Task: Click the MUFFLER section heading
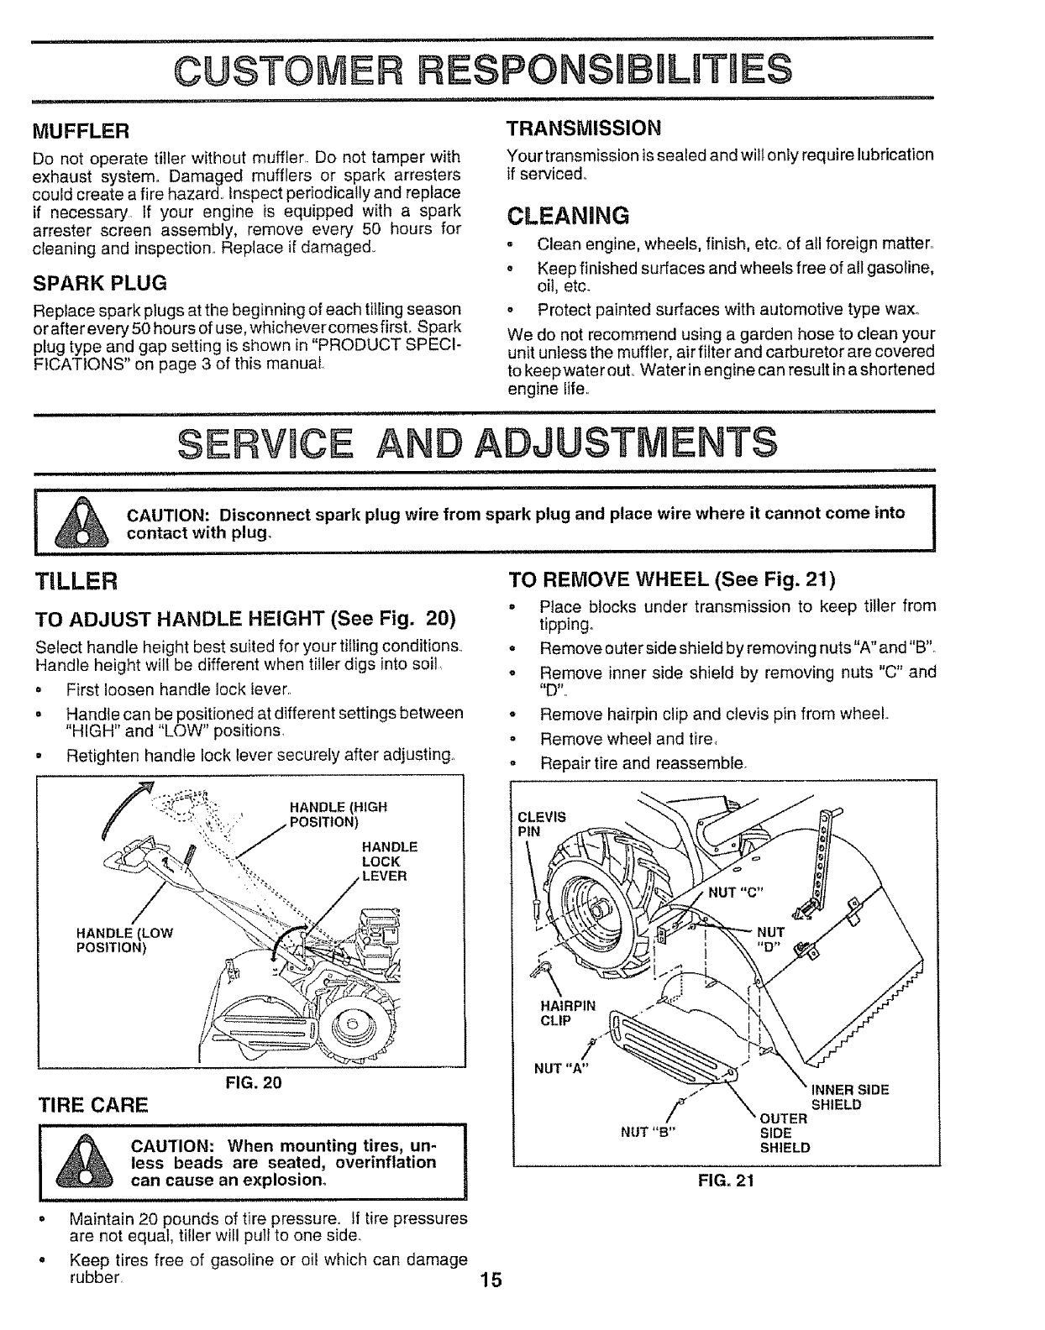pos(81,132)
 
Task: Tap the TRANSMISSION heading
pos(584,128)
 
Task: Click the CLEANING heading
pos(568,216)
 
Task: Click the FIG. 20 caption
pos(253,1083)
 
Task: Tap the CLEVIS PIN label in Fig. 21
pos(541,824)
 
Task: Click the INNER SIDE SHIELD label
pos(848,1097)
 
